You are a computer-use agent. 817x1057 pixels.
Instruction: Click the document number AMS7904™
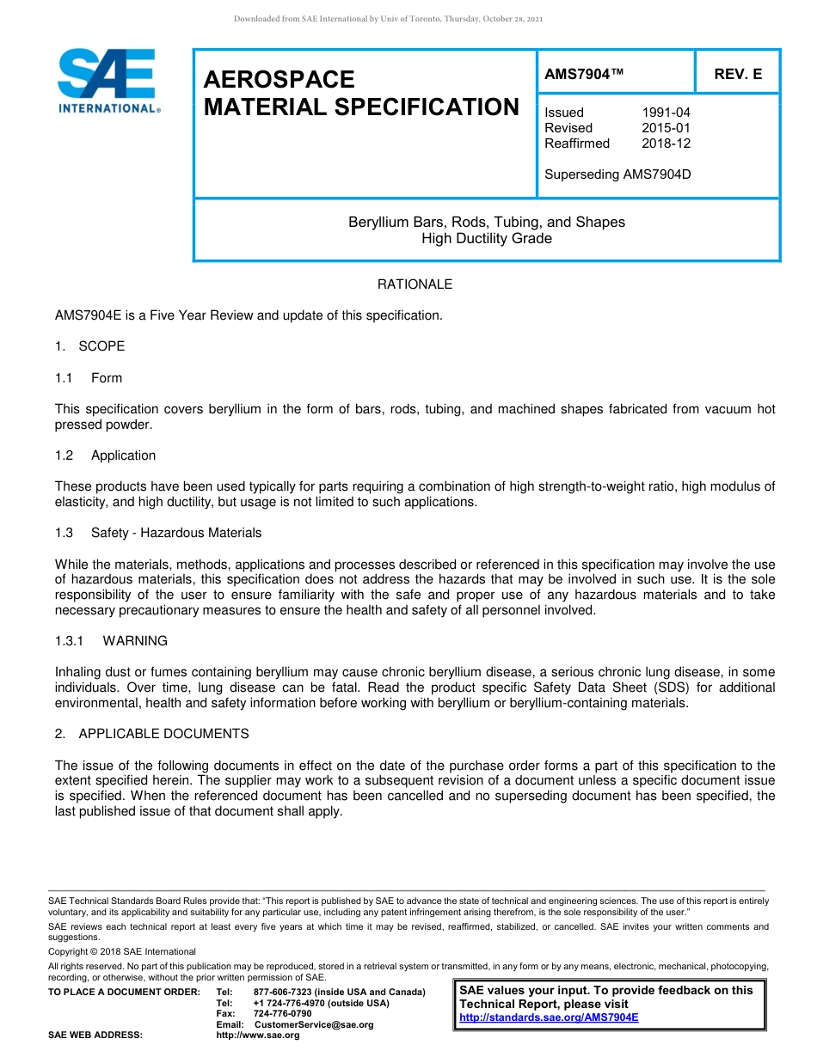pos(584,75)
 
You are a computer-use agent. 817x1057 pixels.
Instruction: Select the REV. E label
pos(737,75)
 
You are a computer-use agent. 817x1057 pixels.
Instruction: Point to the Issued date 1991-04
pos(666,113)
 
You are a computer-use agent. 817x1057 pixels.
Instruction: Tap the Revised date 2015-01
pos(666,128)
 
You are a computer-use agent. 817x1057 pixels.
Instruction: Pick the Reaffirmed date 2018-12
pos(666,144)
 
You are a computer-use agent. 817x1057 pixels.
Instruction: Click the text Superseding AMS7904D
pos(617,174)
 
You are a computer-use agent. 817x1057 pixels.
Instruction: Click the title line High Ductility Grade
pos(487,238)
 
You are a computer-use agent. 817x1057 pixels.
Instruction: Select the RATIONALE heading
pos(415,284)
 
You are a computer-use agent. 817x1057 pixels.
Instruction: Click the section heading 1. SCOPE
pos(90,346)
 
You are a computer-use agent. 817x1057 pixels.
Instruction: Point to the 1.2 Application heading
pos(106,455)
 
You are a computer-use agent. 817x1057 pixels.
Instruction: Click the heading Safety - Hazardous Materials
pos(176,533)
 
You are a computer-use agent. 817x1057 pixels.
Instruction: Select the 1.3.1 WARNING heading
pos(112,641)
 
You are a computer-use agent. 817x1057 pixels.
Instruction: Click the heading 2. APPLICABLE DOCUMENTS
pos(152,734)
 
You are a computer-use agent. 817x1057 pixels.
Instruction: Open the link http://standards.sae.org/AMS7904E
pos(549,1017)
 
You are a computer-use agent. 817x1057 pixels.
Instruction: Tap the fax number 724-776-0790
pos(283,1014)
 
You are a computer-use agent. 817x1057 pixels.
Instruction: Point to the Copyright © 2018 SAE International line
pos(122,952)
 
